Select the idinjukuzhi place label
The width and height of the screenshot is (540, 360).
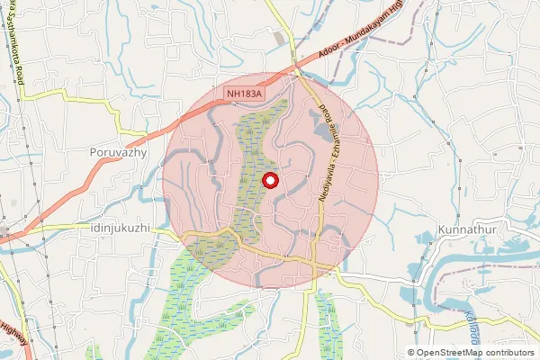coord(121,229)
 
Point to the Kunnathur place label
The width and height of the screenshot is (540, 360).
coord(464,229)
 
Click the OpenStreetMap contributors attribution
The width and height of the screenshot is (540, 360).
coord(471,352)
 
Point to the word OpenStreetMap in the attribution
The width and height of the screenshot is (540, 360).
coord(450,352)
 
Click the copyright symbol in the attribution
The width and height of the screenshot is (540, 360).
coord(411,352)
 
